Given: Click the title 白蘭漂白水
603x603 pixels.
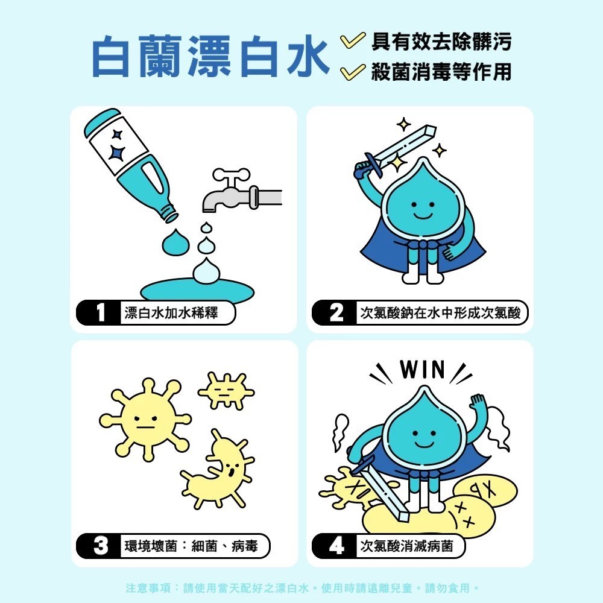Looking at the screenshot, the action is pos(210,57).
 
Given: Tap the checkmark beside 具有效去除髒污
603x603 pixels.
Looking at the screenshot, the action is pos(352,42).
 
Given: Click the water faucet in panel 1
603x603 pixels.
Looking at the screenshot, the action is pos(242,191).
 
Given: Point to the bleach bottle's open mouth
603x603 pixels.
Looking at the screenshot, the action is pos(171,216).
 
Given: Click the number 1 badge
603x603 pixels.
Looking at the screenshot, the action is pos(99,312).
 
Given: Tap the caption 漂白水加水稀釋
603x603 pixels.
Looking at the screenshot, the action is pos(171,312).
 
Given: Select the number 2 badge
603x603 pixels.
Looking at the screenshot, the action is pos(335,312).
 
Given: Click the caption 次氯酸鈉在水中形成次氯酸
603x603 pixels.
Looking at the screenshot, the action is pos(440,312).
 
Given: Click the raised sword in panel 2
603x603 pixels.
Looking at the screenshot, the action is pos(396,151).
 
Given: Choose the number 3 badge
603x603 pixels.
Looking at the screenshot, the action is pos(99,546).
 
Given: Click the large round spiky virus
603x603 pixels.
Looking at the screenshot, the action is pos(145,420).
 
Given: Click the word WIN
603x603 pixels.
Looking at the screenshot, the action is pos(422,370).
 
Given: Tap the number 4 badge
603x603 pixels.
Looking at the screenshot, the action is pos(335,546).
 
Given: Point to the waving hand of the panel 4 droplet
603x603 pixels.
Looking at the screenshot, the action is pos(478,403).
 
